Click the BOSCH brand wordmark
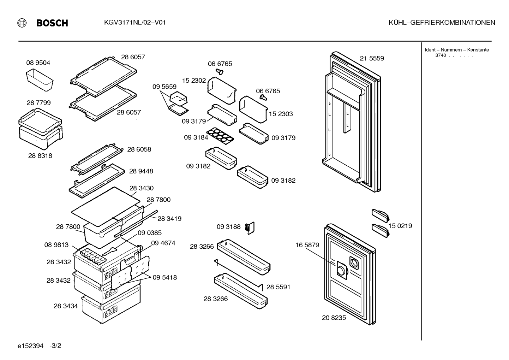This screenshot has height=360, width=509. point(52,23)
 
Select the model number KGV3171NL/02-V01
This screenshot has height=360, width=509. point(135,23)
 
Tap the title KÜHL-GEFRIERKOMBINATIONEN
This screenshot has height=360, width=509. point(442,23)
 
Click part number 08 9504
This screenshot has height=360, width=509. point(38,63)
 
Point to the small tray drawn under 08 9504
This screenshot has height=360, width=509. point(40,79)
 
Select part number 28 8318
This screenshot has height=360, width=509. point(40,156)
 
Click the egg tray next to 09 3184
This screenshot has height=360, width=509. point(220,136)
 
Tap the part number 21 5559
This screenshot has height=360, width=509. point(372,58)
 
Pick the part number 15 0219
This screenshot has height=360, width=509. point(400,226)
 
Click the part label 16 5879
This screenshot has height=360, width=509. point(307,245)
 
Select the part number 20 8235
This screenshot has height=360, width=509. point(334,318)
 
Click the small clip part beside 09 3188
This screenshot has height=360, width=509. point(250,228)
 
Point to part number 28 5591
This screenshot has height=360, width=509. point(279,287)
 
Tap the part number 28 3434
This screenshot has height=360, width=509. point(66,306)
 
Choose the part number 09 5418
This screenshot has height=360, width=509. point(165,277)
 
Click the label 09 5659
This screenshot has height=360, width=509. point(164,87)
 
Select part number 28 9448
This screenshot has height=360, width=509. point(141,171)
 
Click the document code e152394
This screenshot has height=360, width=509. point(30,346)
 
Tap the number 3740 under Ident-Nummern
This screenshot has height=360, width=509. point(441,55)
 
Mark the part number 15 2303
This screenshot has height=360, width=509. point(281,114)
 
